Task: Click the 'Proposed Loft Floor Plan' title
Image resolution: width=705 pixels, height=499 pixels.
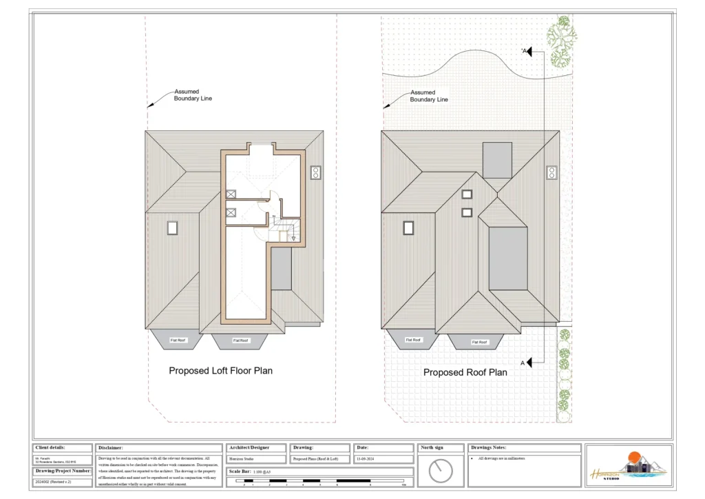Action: pyautogui.click(x=220, y=371)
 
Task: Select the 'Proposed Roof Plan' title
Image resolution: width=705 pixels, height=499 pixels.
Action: pyautogui.click(x=465, y=372)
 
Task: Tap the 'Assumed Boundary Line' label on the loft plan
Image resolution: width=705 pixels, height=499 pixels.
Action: pyautogui.click(x=193, y=95)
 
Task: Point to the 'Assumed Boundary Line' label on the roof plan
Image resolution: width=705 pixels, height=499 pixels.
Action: pyautogui.click(x=429, y=96)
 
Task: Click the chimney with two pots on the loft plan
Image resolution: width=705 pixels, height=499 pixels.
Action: pyautogui.click(x=316, y=172)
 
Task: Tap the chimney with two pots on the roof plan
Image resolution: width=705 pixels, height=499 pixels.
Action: pyautogui.click(x=552, y=172)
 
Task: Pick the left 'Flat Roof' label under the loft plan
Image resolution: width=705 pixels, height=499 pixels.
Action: pyautogui.click(x=179, y=340)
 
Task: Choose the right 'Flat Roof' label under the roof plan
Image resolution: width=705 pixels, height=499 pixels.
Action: pyautogui.click(x=479, y=342)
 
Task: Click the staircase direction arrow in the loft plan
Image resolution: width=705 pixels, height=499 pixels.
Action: pyautogui.click(x=293, y=238)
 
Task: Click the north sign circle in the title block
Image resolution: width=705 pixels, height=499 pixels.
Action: pyautogui.click(x=440, y=471)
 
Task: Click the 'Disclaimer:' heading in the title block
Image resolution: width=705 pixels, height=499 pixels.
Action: pyautogui.click(x=111, y=448)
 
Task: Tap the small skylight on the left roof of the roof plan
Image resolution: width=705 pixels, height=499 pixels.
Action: pyautogui.click(x=408, y=227)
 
